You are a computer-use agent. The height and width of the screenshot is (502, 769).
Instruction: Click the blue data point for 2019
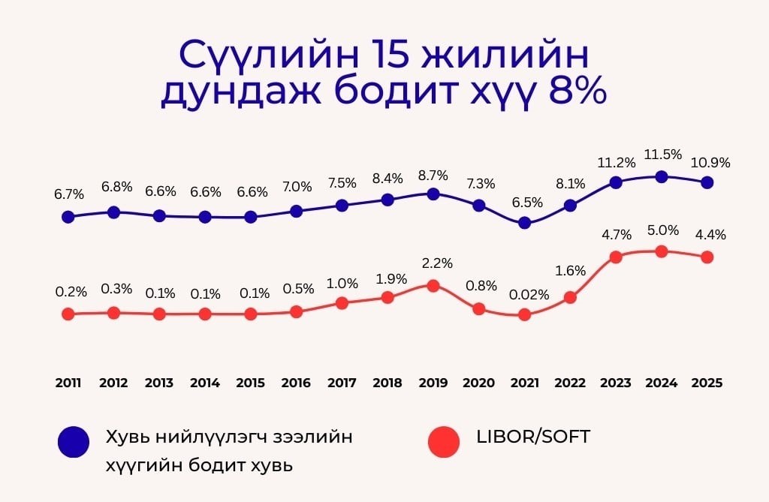point(433,194)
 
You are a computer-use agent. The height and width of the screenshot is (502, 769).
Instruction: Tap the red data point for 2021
point(525,314)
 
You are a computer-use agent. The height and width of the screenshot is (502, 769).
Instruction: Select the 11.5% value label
point(662,155)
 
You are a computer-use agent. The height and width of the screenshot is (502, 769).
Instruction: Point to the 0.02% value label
point(529,295)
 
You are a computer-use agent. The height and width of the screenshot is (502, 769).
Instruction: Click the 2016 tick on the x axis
point(296,383)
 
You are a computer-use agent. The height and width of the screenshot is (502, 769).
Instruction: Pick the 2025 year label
point(707,383)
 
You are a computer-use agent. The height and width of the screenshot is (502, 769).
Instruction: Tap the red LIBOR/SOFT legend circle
point(444,442)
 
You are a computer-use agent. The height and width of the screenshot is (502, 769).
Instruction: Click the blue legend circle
point(73,442)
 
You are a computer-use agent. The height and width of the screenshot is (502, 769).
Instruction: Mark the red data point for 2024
point(662,251)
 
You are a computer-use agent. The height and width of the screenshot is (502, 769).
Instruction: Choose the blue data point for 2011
point(68,217)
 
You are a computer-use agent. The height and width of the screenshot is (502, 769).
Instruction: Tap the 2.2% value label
point(437,264)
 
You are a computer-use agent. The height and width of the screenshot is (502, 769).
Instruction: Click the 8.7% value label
point(433,176)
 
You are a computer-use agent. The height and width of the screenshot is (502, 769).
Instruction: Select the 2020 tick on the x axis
point(478,383)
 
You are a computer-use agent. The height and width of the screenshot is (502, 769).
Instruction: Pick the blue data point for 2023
point(616,182)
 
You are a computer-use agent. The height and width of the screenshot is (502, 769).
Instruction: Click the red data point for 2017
point(342,303)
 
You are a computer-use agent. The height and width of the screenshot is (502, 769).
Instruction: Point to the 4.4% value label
point(710,235)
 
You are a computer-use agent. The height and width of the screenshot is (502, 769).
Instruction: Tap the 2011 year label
point(68,383)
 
